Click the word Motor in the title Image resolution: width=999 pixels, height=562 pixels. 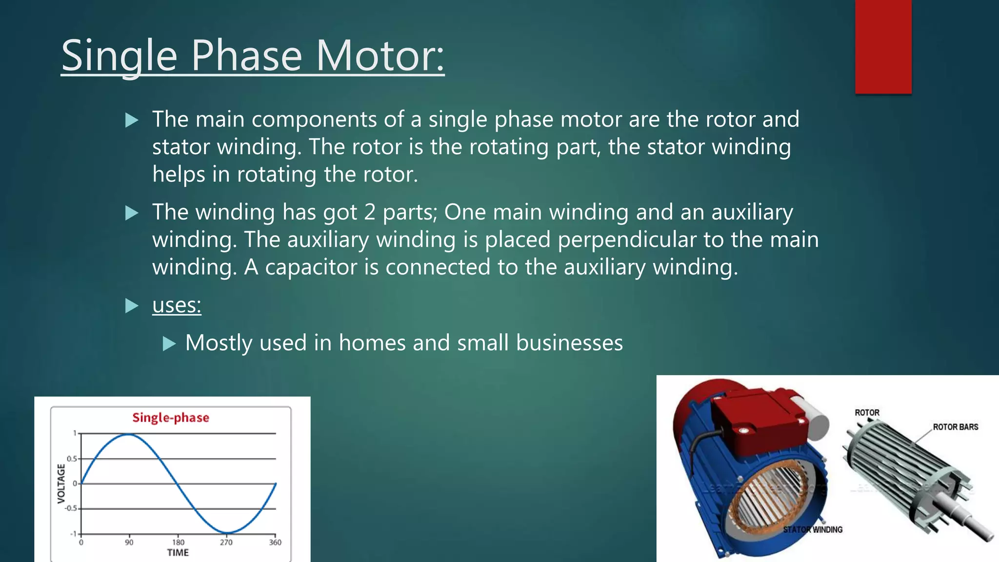[380, 56]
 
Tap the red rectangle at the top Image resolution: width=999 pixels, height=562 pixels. [883, 46]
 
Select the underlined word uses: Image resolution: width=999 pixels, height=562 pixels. [177, 305]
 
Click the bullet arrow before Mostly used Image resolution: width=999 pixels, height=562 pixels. [169, 343]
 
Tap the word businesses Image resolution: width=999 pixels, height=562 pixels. [569, 343]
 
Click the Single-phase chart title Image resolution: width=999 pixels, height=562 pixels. [171, 418]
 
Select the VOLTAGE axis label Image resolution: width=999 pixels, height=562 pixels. [61, 483]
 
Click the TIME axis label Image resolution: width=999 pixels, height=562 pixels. [178, 553]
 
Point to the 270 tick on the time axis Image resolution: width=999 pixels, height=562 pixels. [226, 542]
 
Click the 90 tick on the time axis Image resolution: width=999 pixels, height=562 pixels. [129, 542]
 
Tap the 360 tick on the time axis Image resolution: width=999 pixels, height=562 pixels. [275, 542]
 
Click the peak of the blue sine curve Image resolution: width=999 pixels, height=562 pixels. [129, 434]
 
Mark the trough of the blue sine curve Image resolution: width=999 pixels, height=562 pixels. [227, 532]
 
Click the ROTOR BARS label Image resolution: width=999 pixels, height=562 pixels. [955, 427]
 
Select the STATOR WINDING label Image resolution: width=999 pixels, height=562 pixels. [813, 530]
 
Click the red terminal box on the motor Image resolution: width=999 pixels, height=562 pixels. [756, 420]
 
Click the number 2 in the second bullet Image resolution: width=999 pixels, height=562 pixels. [369, 213]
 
